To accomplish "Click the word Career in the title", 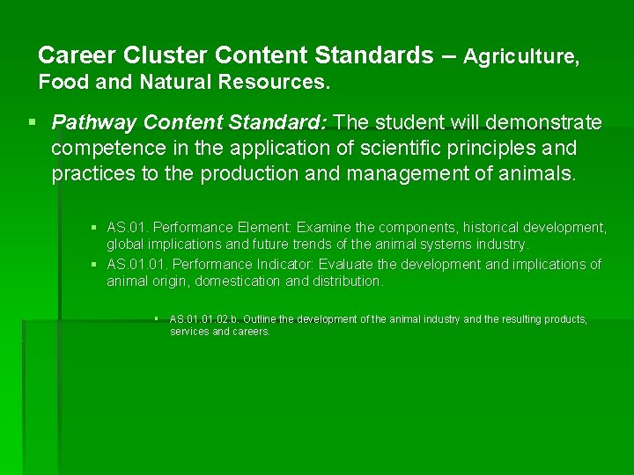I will (77, 55).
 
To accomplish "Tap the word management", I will (407, 173).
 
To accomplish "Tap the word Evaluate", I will (346, 265).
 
